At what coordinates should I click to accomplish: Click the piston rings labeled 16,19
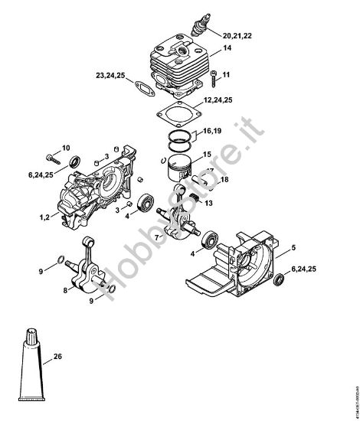182,135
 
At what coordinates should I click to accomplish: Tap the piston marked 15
182,168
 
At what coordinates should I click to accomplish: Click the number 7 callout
156,238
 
